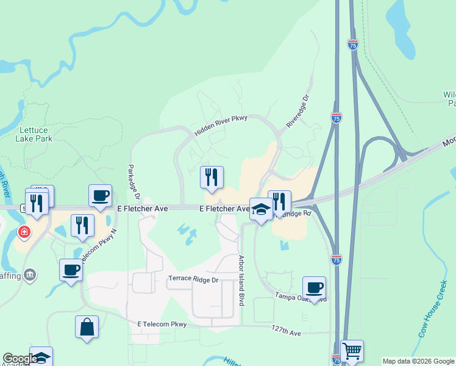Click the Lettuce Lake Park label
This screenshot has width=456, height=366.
(x=36, y=134)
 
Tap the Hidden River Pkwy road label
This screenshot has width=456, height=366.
(x=221, y=126)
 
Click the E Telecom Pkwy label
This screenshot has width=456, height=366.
(x=162, y=323)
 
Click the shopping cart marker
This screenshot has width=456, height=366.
(x=352, y=351)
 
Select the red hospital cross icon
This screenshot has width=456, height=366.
(x=24, y=232)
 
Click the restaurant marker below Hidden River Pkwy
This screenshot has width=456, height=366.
(x=212, y=177)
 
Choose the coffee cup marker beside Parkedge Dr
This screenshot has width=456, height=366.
(x=101, y=195)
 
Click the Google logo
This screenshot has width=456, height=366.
(x=20, y=359)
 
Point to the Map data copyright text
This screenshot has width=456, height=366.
(x=418, y=361)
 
